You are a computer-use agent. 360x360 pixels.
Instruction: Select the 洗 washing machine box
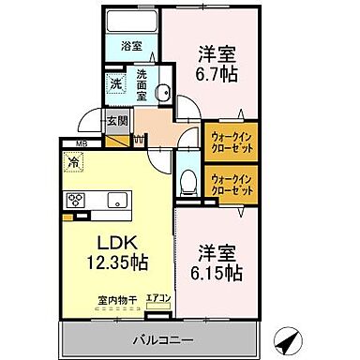(115, 82)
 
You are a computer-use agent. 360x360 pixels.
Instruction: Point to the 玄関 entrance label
(115, 119)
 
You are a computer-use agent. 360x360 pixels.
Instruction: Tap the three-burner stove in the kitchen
(75, 200)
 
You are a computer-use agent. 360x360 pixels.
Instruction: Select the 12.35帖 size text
(117, 259)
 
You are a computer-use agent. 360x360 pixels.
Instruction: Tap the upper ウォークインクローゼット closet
(231, 143)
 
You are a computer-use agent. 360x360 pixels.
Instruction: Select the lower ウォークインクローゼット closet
(231, 184)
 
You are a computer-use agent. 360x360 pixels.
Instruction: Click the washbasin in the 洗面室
(161, 92)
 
